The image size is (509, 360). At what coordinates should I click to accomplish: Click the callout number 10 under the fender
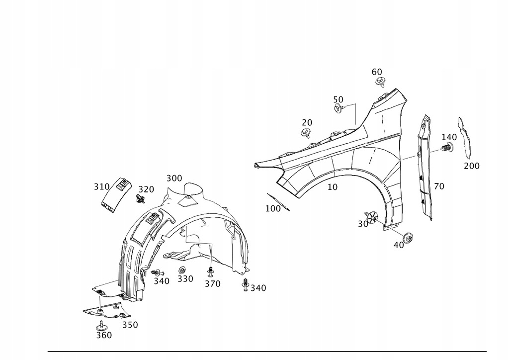333,187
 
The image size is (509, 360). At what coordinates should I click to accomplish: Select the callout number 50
339,99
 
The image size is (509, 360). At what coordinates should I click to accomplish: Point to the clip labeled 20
306,132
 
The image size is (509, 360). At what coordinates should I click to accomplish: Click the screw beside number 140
447,148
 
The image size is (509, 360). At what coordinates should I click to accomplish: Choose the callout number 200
472,166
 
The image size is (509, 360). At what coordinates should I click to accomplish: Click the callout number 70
439,186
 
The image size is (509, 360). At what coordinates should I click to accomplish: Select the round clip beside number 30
372,217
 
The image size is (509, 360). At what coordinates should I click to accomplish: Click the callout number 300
174,178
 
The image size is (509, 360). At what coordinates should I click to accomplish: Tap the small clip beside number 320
140,200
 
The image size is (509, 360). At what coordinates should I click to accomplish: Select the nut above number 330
182,270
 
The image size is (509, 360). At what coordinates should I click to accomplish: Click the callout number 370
212,283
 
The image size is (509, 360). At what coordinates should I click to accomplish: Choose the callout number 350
130,325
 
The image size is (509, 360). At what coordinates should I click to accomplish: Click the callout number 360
104,335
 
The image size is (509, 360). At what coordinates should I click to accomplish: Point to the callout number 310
101,186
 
